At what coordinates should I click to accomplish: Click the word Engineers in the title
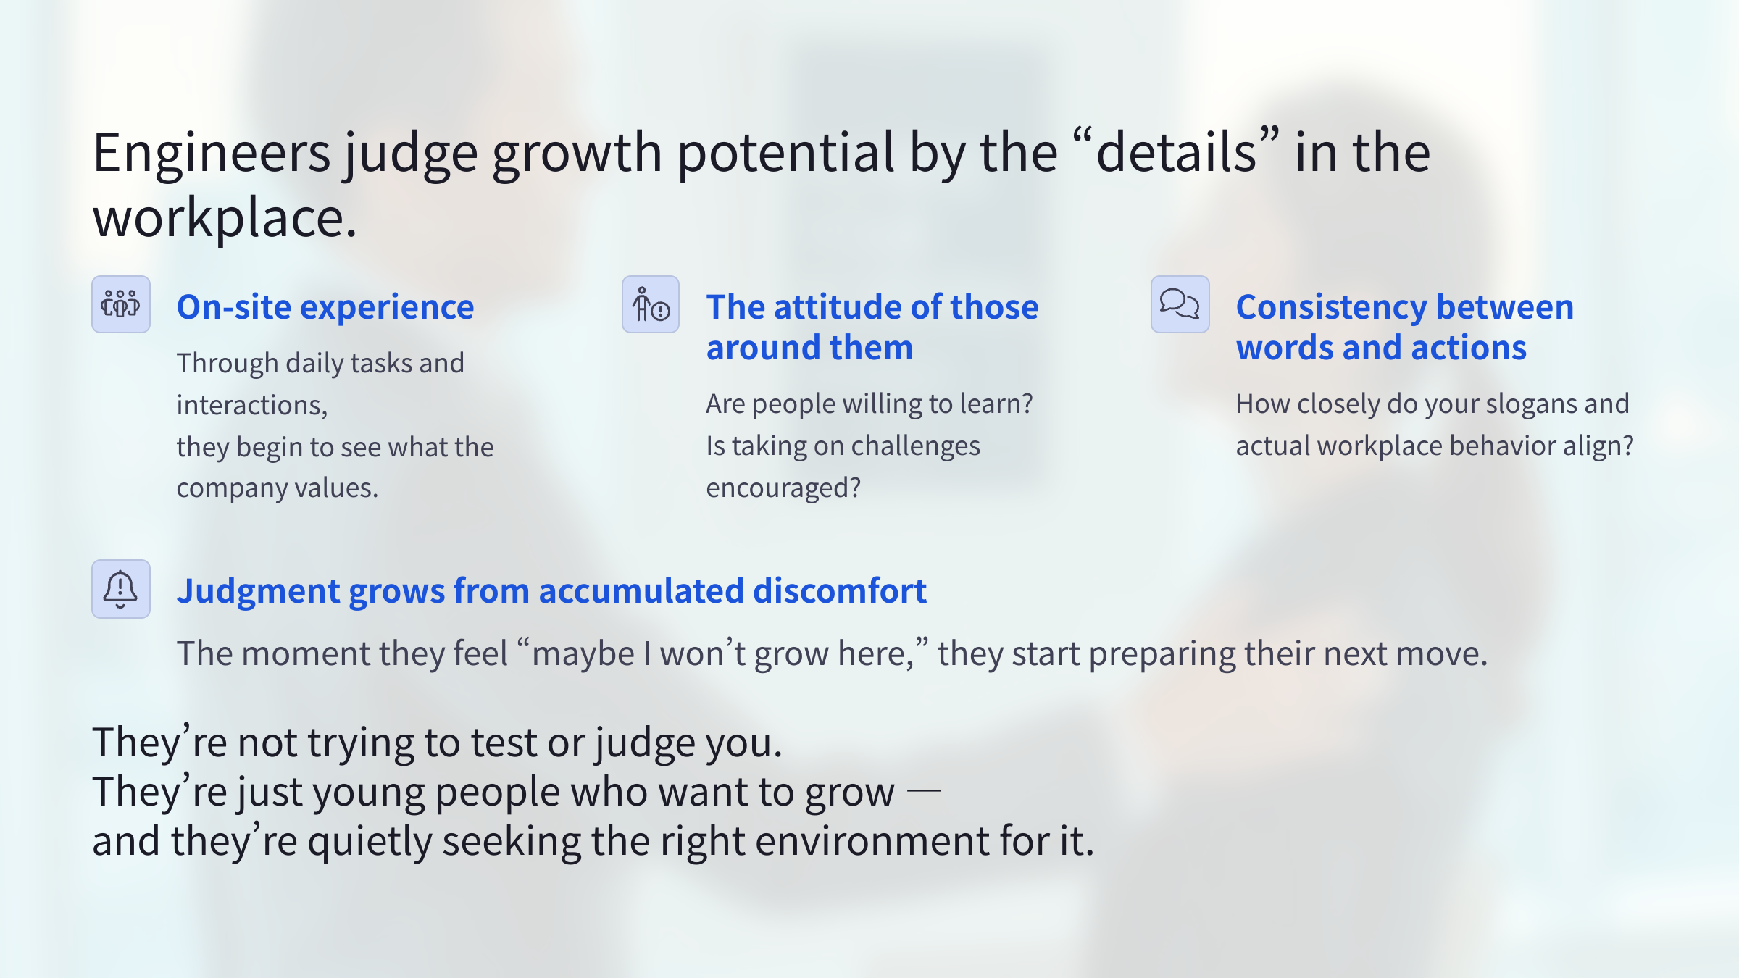click(x=212, y=154)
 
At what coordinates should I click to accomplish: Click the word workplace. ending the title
click(x=225, y=219)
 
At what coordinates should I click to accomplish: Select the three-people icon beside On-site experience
click(x=121, y=304)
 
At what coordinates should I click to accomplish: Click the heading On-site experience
click(x=325, y=307)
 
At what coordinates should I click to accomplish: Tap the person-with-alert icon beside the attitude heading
click(x=651, y=304)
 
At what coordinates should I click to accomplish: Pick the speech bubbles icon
click(x=1180, y=304)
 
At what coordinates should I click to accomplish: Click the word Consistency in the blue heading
click(x=1331, y=307)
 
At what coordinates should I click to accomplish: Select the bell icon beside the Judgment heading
click(x=121, y=589)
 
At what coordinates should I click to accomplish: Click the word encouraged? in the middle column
click(x=783, y=488)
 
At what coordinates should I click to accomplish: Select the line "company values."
click(x=278, y=488)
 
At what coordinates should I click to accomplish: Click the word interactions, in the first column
click(x=252, y=406)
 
